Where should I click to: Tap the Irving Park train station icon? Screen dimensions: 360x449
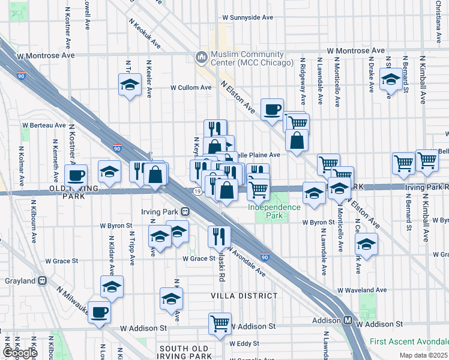(185, 211)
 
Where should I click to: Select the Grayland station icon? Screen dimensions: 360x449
(42, 280)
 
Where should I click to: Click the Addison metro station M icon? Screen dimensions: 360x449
(348, 320)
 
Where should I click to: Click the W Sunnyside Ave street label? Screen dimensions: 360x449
(248, 18)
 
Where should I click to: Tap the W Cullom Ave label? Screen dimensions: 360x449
(191, 87)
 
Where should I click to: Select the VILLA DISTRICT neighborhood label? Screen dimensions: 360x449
(243, 296)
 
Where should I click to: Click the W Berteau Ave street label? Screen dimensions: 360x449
(44, 125)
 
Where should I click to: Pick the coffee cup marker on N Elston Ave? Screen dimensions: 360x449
(272, 109)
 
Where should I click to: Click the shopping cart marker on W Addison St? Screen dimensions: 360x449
(220, 323)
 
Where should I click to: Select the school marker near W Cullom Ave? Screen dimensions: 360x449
(129, 85)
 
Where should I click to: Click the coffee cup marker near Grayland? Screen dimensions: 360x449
(99, 311)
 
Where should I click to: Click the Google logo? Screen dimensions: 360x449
(19, 353)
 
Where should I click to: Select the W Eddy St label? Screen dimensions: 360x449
(244, 344)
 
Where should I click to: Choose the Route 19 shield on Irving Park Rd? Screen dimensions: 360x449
(197, 191)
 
